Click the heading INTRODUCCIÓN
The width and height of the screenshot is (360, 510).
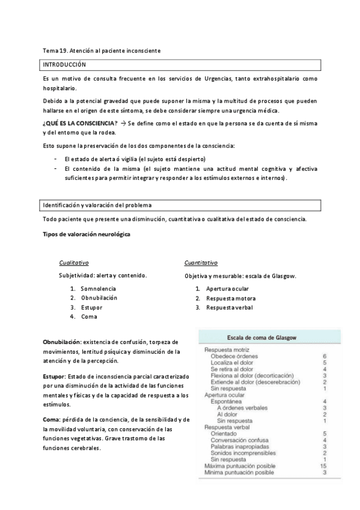pos(64,64)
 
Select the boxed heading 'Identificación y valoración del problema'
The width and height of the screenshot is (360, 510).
pos(97,205)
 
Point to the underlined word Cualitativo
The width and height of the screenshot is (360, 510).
pos(74,263)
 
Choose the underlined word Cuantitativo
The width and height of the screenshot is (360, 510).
pos(201,263)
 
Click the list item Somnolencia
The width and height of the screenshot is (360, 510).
pos(99,289)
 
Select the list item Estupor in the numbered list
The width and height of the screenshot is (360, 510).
pos(92,307)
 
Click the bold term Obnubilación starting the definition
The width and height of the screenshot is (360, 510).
pos(62,342)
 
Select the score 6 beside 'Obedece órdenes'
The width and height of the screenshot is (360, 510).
pos(324,356)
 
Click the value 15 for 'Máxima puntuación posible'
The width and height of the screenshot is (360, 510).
pos(323,465)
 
